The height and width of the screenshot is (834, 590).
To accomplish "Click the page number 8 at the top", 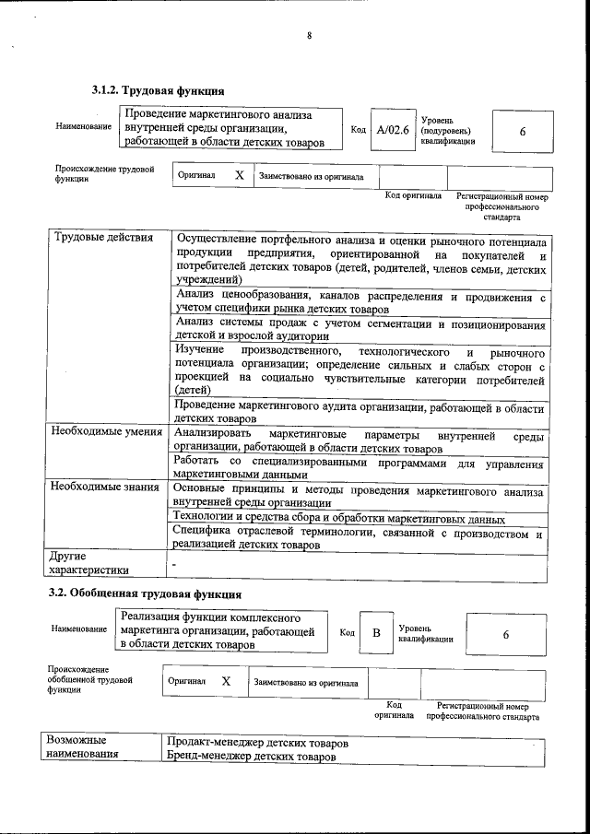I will click(x=310, y=36).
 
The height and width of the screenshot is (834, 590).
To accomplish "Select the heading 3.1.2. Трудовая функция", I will click(x=158, y=90).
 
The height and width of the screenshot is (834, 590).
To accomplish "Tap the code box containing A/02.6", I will click(x=392, y=130).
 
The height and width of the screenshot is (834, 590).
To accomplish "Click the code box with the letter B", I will click(x=375, y=633).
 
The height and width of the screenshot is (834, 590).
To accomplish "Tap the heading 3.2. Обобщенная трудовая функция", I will click(x=145, y=593).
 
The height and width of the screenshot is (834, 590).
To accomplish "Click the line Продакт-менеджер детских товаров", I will click(x=257, y=742).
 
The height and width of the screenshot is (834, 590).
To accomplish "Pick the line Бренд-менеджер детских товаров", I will click(x=251, y=757).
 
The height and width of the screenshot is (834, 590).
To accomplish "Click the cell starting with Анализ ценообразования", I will click(x=360, y=303).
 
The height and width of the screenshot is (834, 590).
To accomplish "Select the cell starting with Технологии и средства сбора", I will click(x=338, y=518).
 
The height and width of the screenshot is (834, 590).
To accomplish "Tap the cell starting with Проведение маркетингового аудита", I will click(x=360, y=412).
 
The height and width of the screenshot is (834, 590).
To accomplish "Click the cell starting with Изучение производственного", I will click(x=360, y=371).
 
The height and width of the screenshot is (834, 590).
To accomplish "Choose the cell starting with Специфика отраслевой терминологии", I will click(x=360, y=539).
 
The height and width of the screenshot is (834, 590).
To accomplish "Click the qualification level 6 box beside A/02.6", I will click(x=522, y=132).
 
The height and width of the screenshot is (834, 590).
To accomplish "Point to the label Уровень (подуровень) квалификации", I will click(x=448, y=131).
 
